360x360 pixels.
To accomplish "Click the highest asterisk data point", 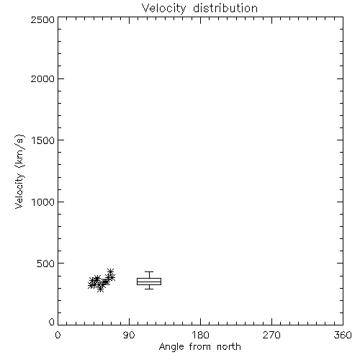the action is (x=110, y=272).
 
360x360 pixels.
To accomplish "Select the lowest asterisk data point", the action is (x=101, y=289).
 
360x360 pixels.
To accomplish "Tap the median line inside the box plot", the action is (x=149, y=282).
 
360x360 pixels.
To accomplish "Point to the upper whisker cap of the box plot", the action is (x=149, y=271).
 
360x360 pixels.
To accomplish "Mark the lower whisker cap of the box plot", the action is (x=149, y=289).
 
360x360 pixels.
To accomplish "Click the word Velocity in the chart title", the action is (x=163, y=9).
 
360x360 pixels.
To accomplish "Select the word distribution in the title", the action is (x=225, y=8).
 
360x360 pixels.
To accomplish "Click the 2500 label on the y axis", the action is (x=42, y=20).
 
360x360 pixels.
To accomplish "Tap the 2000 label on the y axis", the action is (x=42, y=79).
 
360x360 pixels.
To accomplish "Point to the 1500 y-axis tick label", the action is (x=43, y=140).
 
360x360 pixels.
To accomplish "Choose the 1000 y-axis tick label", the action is (x=43, y=202).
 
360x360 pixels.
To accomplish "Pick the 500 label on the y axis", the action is (x=45, y=264).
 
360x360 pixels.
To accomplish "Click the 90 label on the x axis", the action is (x=129, y=335).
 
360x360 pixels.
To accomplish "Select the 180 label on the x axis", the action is (x=200, y=335).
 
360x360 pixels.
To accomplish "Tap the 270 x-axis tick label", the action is (x=271, y=335).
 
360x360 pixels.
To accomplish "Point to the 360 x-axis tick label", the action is (x=343, y=335).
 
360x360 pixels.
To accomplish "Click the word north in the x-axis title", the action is (x=229, y=347).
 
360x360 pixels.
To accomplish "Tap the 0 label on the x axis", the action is (x=58, y=335).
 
